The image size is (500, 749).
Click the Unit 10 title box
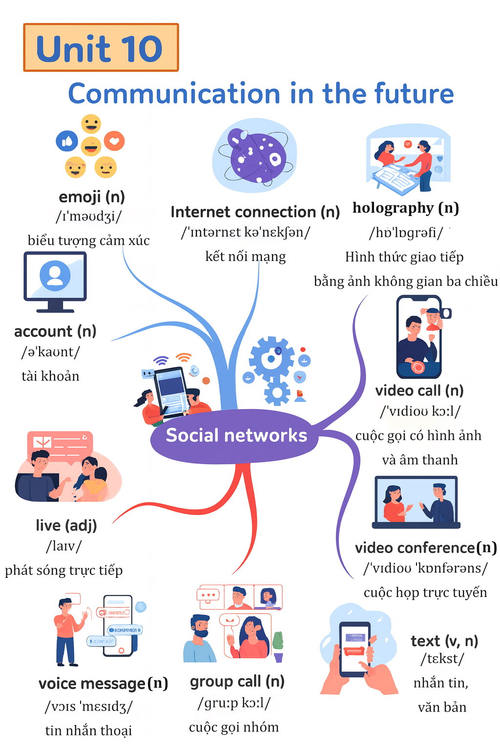pyautogui.click(x=101, y=48)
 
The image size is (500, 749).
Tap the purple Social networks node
pyautogui.click(x=236, y=435)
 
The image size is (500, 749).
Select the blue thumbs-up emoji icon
pyautogui.click(x=67, y=141)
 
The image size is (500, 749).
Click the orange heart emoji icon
pyautogui.click(x=114, y=141)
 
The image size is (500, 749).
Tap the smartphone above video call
pyautogui.click(x=419, y=336)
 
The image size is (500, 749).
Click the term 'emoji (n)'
pyautogui.click(x=92, y=197)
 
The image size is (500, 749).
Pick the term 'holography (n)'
pyautogui.click(x=406, y=208)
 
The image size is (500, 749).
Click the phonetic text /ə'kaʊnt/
pyautogui.click(x=50, y=352)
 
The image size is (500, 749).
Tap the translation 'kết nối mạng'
pyautogui.click(x=246, y=256)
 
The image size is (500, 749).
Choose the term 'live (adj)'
pyautogui.click(x=66, y=525)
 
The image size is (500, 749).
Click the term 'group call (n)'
pyautogui.click(x=237, y=681)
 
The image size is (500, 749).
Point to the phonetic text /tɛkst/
pyautogui.click(x=442, y=659)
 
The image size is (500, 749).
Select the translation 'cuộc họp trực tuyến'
pyautogui.click(x=425, y=592)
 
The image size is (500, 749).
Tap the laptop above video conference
pyautogui.click(x=416, y=502)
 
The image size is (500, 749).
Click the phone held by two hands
pyautogui.click(x=355, y=649)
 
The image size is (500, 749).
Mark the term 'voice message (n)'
pyautogui.click(x=103, y=684)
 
